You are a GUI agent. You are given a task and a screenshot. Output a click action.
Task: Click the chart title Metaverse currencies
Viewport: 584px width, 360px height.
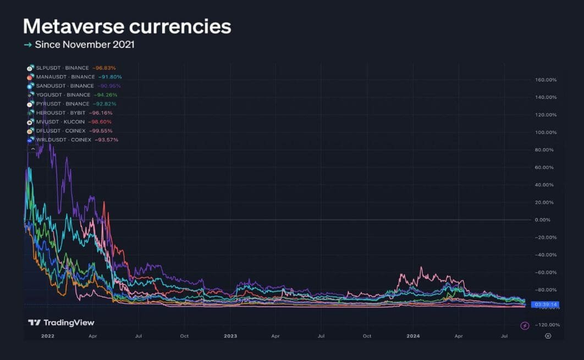tap(127, 26)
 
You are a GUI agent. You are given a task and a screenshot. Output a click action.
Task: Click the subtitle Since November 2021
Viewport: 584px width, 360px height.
tap(84, 44)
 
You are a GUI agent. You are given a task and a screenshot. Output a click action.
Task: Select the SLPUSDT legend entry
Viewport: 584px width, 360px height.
tap(62, 68)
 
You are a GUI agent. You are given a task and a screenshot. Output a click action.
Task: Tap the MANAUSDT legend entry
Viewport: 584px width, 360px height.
tap(65, 77)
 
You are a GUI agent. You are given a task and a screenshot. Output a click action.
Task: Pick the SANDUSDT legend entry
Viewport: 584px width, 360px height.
tap(65, 86)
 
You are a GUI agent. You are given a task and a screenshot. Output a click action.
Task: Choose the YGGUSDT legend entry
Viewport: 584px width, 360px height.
tap(63, 95)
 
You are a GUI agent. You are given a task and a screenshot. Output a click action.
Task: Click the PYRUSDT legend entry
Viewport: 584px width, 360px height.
tap(62, 104)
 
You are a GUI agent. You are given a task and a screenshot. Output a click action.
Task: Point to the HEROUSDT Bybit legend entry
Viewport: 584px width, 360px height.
tap(60, 113)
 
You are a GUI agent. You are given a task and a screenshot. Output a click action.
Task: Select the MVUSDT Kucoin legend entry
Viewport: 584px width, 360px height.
tap(60, 121)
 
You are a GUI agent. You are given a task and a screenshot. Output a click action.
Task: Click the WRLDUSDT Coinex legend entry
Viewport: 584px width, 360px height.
tap(63, 140)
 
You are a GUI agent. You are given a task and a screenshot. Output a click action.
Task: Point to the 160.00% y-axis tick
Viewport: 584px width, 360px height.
tap(546, 80)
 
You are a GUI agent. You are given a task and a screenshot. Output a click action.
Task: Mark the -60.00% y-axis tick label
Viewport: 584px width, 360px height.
tap(546, 273)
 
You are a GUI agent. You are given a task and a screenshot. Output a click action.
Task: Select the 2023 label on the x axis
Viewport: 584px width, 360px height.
tap(230, 336)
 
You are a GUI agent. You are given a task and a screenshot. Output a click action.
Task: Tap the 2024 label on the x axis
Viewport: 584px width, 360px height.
tap(412, 336)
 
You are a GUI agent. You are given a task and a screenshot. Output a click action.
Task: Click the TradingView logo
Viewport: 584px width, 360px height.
tap(61, 323)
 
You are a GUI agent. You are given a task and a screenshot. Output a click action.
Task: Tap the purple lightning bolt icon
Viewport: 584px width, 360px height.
tap(525, 325)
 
